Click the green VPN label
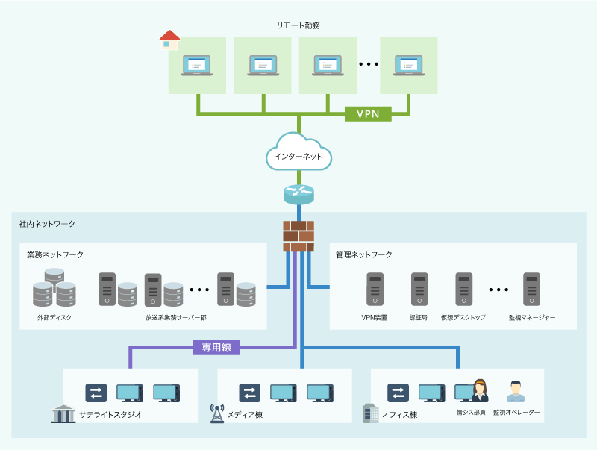[368, 114]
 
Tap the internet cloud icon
[298, 152]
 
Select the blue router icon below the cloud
[299, 194]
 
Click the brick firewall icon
[298, 236]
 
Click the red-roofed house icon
[170, 40]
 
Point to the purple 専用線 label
[217, 347]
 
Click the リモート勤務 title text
[298, 25]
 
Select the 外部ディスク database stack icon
[54, 288]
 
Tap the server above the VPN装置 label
[374, 290]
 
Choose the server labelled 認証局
[419, 290]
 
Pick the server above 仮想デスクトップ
[464, 290]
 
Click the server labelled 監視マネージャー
[531, 290]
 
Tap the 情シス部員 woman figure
[479, 391]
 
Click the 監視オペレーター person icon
[515, 391]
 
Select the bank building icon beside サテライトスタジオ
[63, 413]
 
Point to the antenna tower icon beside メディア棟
[217, 413]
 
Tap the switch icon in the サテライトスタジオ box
[97, 393]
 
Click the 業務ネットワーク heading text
[55, 255]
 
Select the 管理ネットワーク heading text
[364, 255]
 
